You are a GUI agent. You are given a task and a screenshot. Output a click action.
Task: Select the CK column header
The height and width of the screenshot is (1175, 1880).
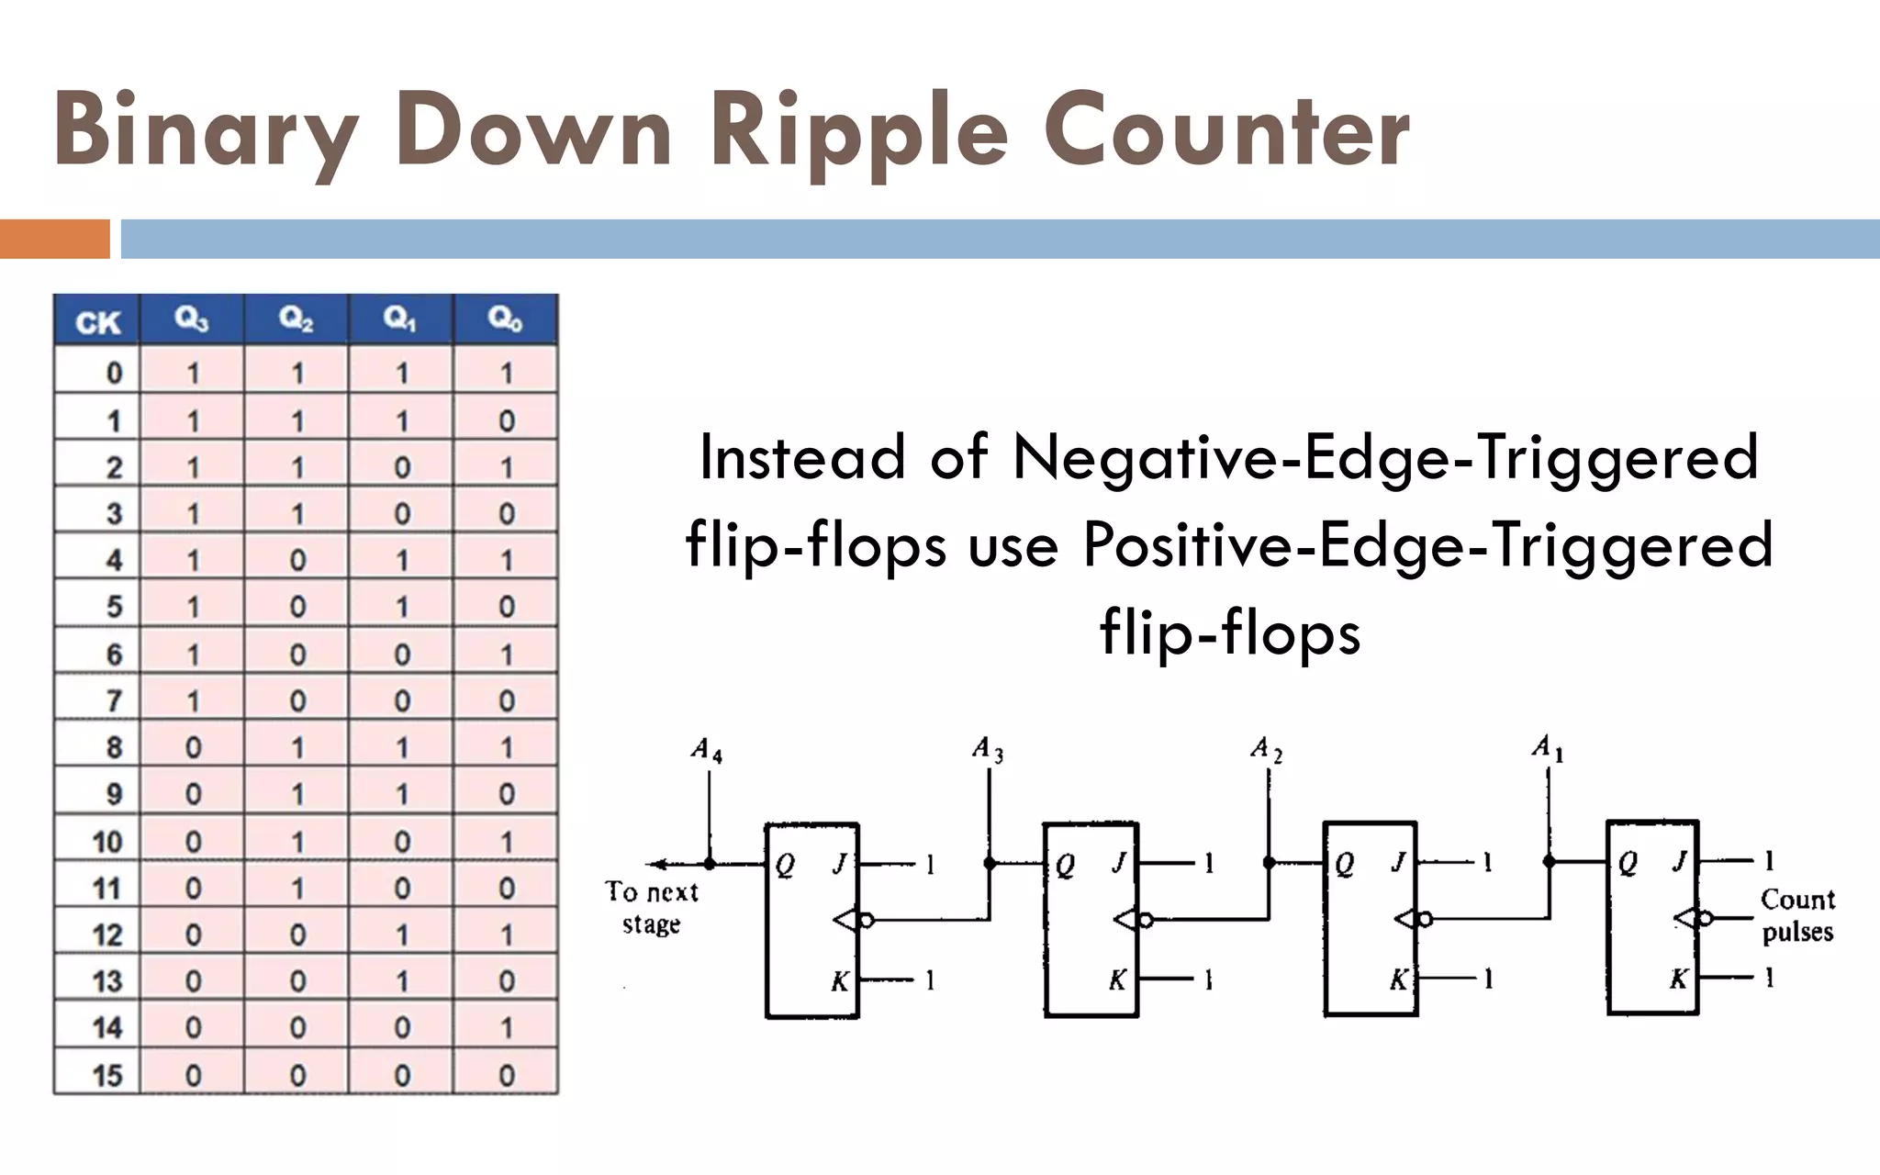97,322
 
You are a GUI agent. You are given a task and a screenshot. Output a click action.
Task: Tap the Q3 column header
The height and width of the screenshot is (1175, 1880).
192,319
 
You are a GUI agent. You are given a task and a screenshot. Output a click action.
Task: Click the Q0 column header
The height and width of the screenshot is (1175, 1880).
506,319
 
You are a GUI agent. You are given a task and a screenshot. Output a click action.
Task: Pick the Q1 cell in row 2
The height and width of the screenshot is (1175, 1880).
402,467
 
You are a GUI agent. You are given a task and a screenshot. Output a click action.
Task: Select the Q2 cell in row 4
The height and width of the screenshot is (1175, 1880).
297,560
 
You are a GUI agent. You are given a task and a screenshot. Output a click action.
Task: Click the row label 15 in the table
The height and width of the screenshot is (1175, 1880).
107,1075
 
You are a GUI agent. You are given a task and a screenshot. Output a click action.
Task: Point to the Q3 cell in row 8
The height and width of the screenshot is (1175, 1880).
193,747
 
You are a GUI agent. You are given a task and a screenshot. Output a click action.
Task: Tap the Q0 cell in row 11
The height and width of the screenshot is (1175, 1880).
507,888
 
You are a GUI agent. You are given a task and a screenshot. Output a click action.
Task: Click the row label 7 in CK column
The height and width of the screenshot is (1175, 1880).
114,700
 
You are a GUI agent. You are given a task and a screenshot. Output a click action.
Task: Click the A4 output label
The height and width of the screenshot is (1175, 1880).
707,751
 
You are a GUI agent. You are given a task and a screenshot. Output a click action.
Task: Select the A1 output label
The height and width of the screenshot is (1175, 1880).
1547,747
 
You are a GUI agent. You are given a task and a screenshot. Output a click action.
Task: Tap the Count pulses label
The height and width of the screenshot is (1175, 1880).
1796,915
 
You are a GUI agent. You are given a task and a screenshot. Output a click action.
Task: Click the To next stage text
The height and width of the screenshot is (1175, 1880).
651,907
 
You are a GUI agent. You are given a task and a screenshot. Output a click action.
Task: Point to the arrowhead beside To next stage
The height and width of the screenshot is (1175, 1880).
655,864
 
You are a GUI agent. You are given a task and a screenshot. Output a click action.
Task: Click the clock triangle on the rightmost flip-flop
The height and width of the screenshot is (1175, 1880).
1686,917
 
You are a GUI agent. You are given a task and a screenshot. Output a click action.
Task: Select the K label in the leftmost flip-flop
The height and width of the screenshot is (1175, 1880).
840,981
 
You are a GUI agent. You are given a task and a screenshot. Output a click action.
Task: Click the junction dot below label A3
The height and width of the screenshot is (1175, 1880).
990,863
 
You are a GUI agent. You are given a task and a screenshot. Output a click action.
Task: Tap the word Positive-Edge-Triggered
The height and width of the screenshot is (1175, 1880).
1427,544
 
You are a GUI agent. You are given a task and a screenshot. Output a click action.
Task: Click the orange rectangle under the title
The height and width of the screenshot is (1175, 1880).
54,239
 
